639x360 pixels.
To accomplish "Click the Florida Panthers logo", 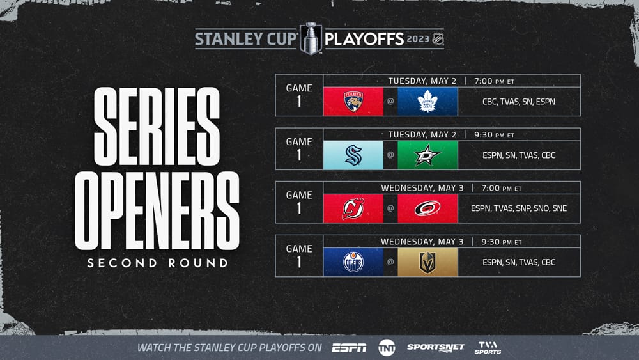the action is coord(353,102).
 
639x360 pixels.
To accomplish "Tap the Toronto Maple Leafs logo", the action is coord(427,102).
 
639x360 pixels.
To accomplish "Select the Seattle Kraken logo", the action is coord(353,155).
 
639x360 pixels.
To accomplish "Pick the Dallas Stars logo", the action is coord(427,155).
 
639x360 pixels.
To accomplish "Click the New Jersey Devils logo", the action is coord(353,208).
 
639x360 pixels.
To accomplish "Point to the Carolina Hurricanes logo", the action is coord(427,208).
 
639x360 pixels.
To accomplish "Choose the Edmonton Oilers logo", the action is coord(353,262).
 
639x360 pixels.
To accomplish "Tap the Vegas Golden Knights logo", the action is coord(427,262).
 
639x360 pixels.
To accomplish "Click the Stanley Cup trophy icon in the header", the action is coord(311,38).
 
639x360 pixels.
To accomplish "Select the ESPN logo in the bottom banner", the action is coord(350,348).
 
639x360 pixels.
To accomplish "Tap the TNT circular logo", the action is coord(387,348).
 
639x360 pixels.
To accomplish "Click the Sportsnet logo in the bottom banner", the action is coord(435,347).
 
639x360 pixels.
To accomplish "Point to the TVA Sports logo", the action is coord(488,348).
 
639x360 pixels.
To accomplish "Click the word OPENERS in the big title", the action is coord(157,210).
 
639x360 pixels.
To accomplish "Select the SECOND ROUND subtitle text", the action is coord(158,263).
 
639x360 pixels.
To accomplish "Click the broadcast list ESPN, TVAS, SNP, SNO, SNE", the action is coord(519,208).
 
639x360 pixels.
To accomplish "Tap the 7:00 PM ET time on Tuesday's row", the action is coord(495,81).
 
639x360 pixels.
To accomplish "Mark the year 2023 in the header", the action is coord(418,39).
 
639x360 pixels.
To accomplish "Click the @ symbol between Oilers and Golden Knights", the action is coord(390,262).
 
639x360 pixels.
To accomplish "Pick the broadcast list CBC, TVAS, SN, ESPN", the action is coord(519,102).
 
